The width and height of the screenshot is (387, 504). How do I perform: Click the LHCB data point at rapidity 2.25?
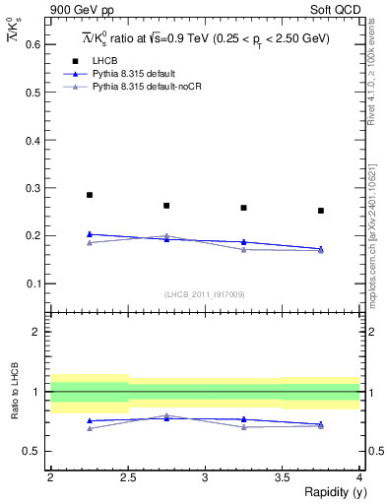pyautogui.click(x=90, y=195)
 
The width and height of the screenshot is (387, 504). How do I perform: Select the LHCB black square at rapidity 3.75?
pyautogui.click(x=321, y=211)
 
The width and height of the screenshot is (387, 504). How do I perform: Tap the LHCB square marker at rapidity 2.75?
pyautogui.click(x=166, y=206)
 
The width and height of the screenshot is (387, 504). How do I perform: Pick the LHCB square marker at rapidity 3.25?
pyautogui.click(x=243, y=208)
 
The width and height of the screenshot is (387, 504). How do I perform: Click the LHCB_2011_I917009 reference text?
pyautogui.click(x=204, y=294)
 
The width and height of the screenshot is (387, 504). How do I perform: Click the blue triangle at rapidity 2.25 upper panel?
pyautogui.click(x=90, y=234)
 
